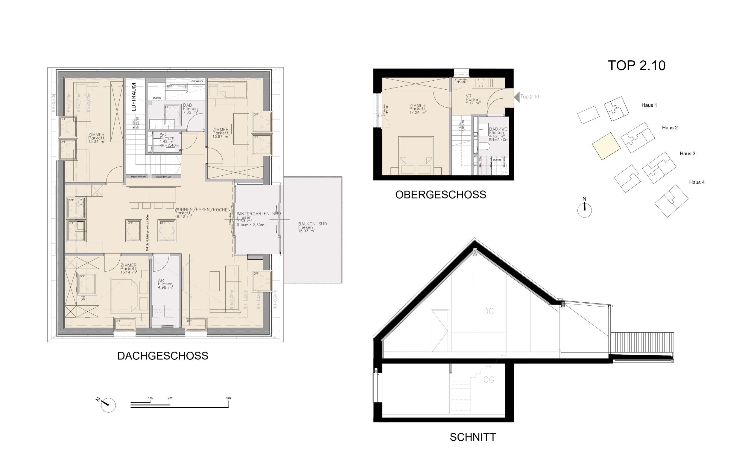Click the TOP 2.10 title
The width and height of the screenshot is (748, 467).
pyautogui.click(x=636, y=66)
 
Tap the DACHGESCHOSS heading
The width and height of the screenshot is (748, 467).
pyautogui.click(x=163, y=356)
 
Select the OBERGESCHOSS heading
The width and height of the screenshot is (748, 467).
pyautogui.click(x=440, y=195)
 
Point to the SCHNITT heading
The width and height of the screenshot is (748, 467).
pyautogui.click(x=472, y=437)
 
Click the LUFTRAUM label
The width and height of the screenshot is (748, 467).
pyautogui.click(x=133, y=97)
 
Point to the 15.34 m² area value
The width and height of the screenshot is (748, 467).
pyautogui.click(x=97, y=142)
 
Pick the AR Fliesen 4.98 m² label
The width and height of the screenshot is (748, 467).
pyautogui.click(x=165, y=284)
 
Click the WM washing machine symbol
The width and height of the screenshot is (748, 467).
pyautogui.click(x=158, y=311)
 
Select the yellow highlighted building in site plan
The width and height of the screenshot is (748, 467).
pyautogui.click(x=606, y=146)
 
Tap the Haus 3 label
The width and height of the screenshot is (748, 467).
pyautogui.click(x=687, y=154)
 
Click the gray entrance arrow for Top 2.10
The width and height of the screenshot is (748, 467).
pyautogui.click(x=517, y=97)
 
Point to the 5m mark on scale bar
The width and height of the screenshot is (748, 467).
pyautogui.click(x=228, y=399)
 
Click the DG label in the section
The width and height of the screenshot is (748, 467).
pyautogui.click(x=488, y=311)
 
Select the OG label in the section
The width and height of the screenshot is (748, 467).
pyautogui.click(x=488, y=379)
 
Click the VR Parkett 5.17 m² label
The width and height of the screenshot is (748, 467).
pyautogui.click(x=473, y=99)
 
